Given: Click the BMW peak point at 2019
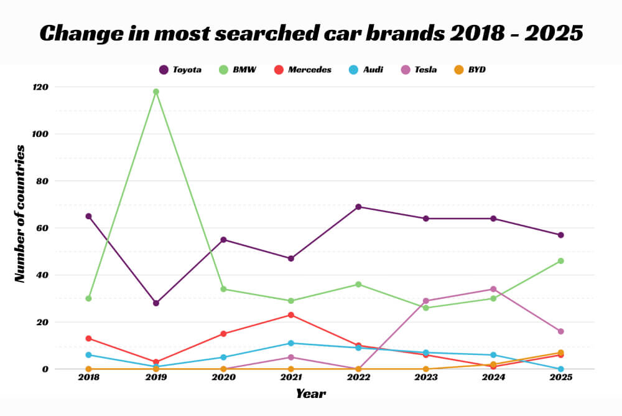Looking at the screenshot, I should [156, 92].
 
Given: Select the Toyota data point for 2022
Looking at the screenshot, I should [358, 207].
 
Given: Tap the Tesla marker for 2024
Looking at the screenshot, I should [493, 289].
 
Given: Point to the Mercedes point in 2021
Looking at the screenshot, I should [291, 315].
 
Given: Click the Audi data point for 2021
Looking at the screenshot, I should [291, 343].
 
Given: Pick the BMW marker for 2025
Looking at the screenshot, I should [560, 261].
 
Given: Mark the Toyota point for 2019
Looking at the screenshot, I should [156, 303].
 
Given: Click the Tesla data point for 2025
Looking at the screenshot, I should [560, 331].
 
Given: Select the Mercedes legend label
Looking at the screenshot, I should [309, 70].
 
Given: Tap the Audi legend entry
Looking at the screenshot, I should [373, 70].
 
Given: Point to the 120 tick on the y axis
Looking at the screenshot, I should [40, 87].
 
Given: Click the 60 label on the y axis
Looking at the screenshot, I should [42, 228].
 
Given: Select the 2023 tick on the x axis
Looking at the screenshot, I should [425, 378].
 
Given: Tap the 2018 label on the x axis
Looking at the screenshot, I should [88, 378].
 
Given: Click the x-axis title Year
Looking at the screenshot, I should [310, 394].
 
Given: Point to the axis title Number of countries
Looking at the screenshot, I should [21, 214].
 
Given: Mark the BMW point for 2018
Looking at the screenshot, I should [88, 298].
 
